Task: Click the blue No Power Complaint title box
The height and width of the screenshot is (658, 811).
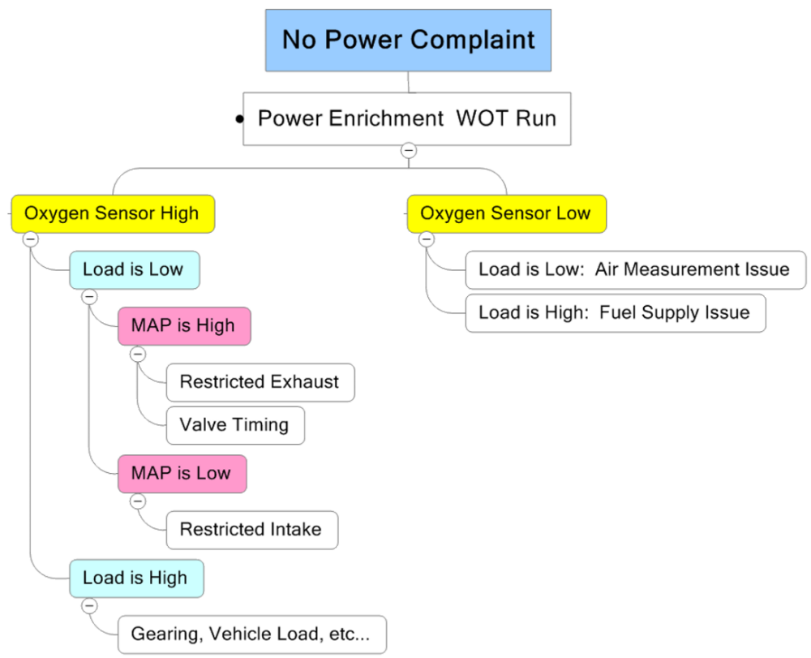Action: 409,40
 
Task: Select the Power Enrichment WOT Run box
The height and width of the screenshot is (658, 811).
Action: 407,118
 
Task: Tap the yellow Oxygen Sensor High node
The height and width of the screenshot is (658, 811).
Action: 112,213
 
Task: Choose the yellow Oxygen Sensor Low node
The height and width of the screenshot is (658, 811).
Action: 506,213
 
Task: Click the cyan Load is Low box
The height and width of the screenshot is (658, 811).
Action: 134,269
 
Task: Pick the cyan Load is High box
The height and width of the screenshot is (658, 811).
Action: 135,578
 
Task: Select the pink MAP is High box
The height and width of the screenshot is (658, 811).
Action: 183,325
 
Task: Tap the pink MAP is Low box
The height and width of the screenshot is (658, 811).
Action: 182,473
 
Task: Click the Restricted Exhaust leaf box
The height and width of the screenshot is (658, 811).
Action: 260,381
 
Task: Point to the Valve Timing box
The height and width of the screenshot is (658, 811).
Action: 235,424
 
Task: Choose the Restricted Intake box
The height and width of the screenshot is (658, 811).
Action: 251,530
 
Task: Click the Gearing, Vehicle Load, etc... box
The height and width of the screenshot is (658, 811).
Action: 251,634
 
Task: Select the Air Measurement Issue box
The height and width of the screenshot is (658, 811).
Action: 635,269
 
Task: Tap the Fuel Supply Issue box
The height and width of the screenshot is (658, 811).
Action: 615,312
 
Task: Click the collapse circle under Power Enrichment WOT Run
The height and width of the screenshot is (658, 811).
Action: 409,150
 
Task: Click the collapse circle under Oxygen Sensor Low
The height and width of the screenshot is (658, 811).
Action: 426,239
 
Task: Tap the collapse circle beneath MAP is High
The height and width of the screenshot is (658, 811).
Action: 138,354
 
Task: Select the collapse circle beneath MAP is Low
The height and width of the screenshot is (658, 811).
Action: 138,501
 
